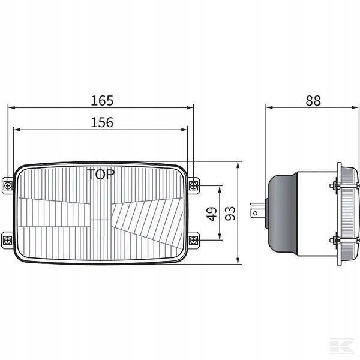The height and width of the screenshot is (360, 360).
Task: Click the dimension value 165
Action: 102,101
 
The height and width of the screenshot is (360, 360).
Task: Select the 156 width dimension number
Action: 102,122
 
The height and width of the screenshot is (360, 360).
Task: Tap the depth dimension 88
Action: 313,101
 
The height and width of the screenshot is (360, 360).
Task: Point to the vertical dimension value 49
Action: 212,214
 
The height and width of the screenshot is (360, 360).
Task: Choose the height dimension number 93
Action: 230,214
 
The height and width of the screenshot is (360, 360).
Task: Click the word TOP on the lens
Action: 101,175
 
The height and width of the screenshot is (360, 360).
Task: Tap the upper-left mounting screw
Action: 8,185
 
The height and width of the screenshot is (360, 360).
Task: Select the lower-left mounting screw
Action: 8,241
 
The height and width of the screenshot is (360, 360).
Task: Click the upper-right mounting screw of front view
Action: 194,185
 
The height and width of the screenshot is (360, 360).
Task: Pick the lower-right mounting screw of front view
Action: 193,241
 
